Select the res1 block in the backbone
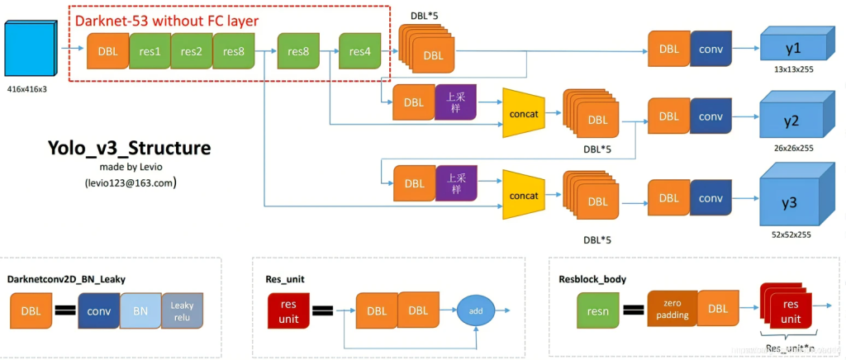coord(150,50)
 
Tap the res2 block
coord(192,50)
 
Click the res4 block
coord(360,51)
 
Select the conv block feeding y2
coord(710,116)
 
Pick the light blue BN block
coord(140,311)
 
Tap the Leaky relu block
coord(182,311)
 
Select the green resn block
coord(597,311)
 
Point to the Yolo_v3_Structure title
coord(129,149)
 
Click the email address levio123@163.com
coord(128,182)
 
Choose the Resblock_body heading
coord(593,279)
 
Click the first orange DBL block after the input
coord(107,50)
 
